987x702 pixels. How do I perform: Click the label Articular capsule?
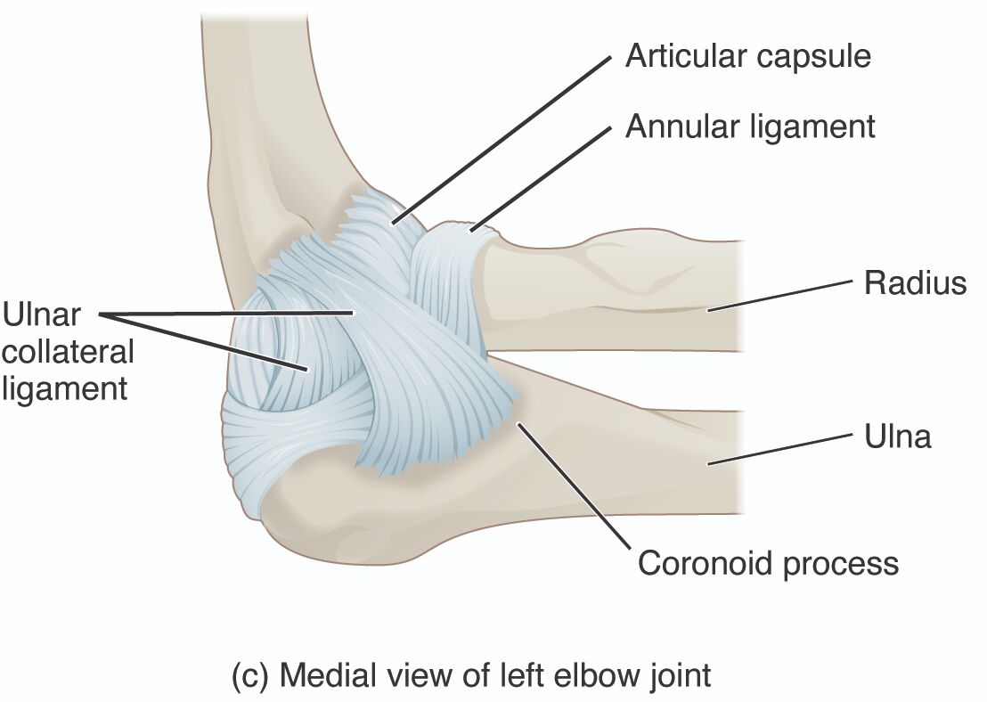click(747, 56)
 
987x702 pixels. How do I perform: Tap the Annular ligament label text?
click(750, 126)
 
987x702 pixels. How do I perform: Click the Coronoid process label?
click(768, 564)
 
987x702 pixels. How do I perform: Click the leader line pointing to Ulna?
click(776, 449)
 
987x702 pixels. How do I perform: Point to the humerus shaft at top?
click(267, 89)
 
